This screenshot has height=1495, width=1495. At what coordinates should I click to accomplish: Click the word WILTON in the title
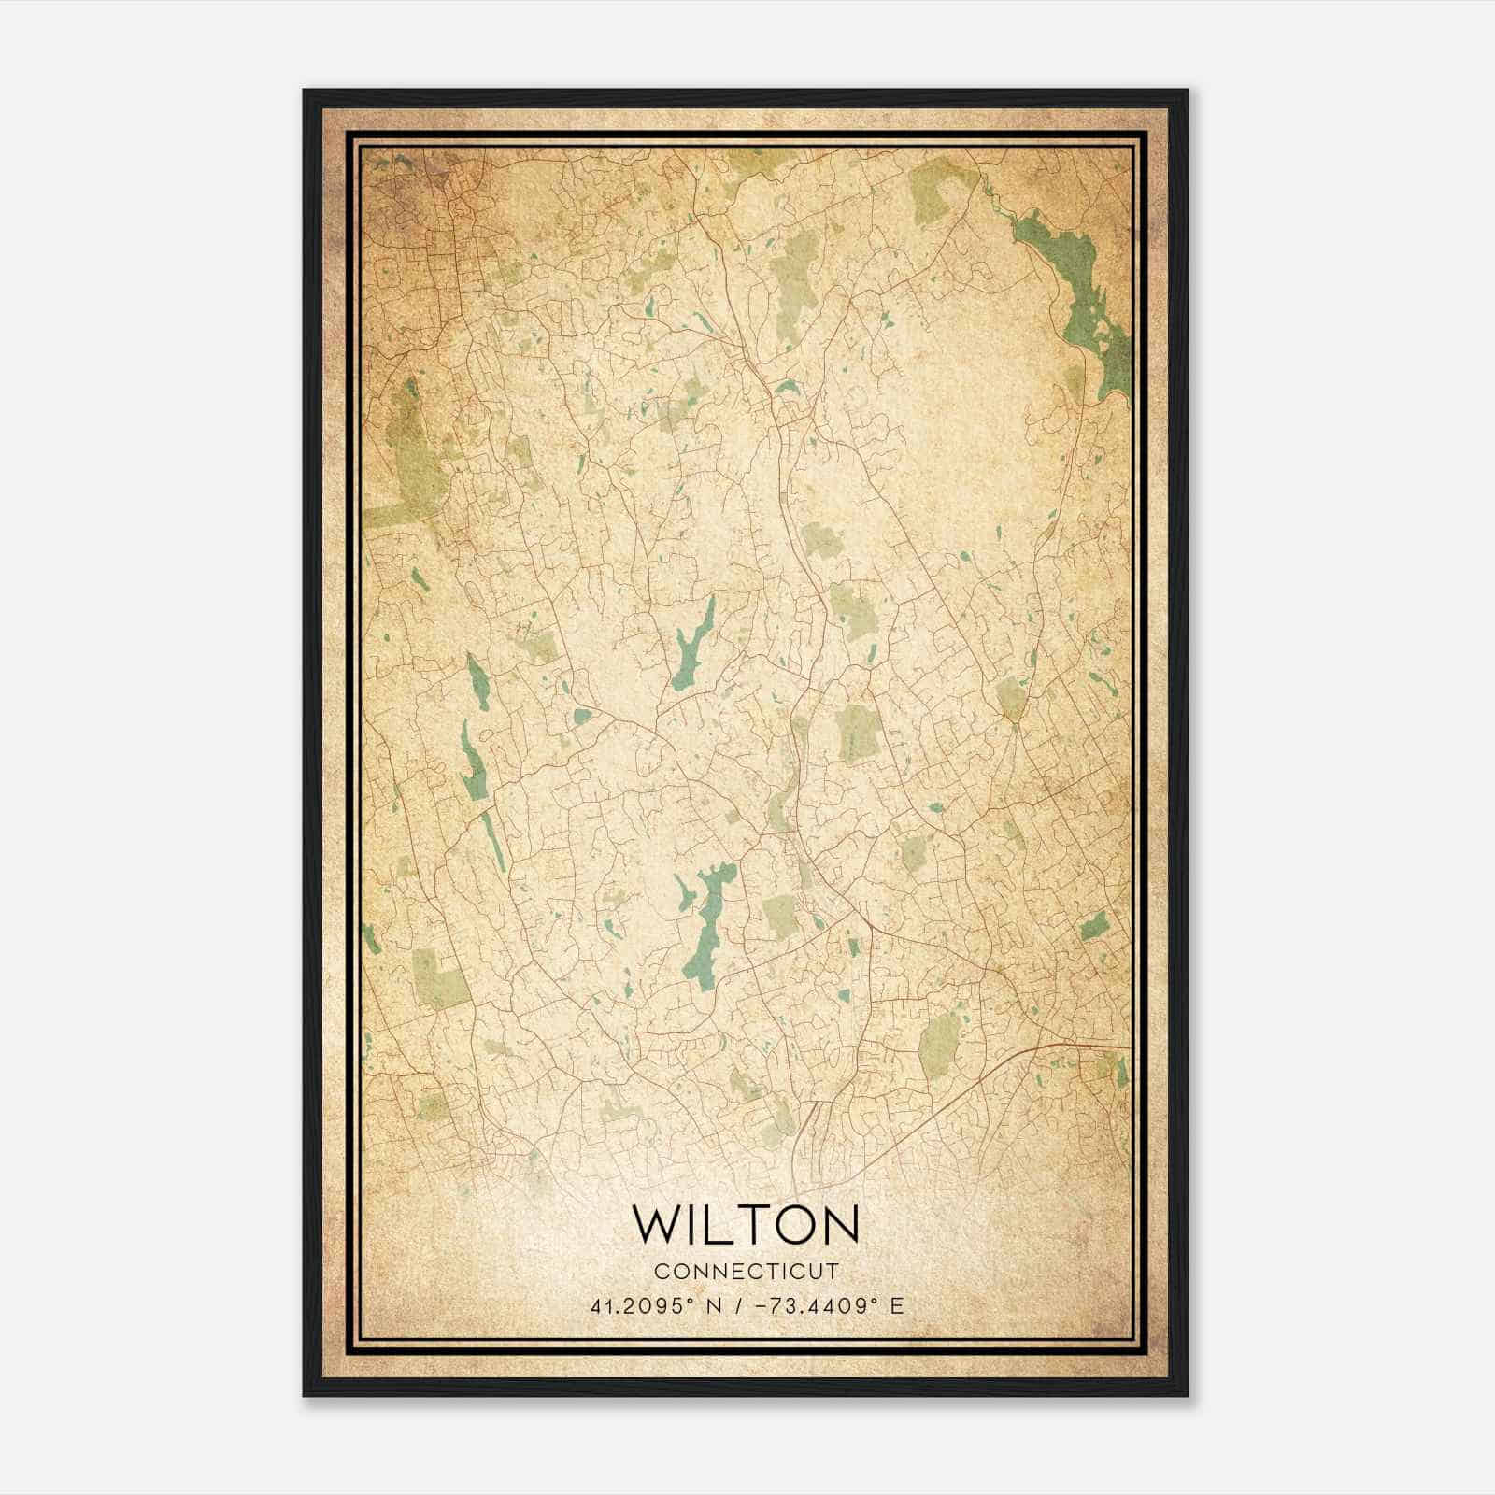746,1223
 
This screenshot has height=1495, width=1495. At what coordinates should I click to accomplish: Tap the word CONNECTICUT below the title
747,1271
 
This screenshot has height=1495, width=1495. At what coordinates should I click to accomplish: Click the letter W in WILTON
657,1223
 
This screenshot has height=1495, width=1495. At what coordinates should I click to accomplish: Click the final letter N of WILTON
839,1223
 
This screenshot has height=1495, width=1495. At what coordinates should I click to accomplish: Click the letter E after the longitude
897,1306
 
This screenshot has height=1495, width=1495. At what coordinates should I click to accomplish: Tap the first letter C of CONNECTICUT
661,1271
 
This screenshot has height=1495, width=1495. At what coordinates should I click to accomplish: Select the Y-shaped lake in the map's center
692,645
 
